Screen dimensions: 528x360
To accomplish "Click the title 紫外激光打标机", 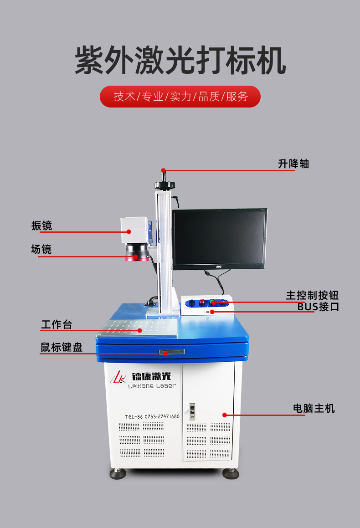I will [180, 60].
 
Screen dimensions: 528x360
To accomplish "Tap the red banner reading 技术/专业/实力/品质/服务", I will [180, 97].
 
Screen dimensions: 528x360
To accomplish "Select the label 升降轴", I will [293, 164].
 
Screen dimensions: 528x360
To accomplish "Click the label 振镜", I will [41, 225].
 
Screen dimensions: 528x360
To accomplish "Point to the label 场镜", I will [41, 249].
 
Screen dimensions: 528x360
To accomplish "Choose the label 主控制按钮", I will [312, 295].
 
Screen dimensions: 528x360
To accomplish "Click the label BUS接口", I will [318, 307].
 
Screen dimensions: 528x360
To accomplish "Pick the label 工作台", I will [57, 324].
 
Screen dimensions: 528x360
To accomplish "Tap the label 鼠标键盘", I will [62, 347].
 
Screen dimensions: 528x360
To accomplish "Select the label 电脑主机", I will [314, 408].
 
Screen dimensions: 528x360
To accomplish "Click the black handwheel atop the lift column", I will [165, 185].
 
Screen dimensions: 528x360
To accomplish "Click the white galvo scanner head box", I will [134, 231].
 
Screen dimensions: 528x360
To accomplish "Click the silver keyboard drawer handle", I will [172, 352].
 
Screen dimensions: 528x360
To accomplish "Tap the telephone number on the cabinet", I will [152, 416].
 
